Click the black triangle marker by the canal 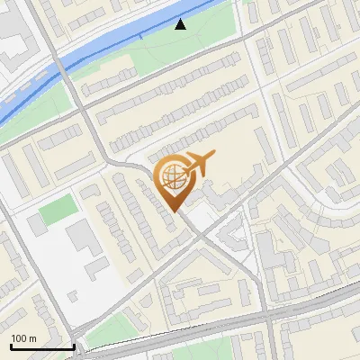[181, 24]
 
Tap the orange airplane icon [200, 163]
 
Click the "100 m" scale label [24, 337]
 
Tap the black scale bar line [42, 347]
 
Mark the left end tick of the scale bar [11, 346]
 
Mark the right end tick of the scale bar [74, 346]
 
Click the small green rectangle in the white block [58, 211]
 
